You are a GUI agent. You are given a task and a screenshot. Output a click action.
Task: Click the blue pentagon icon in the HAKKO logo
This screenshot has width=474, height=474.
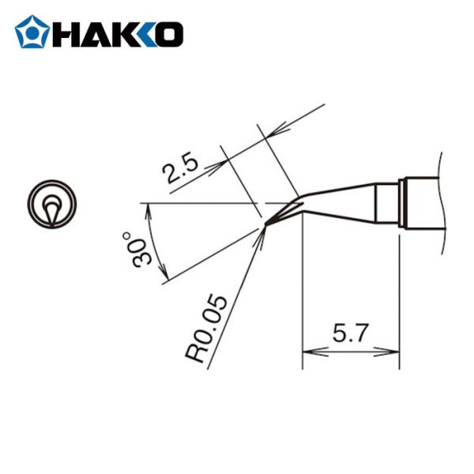(x=32, y=32)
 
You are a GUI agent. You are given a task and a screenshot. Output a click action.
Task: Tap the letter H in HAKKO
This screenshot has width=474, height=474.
(x=66, y=33)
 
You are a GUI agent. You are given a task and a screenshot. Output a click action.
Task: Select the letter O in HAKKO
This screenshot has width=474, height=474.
(x=169, y=33)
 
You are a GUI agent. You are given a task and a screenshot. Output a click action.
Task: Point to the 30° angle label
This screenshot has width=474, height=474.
(x=131, y=250)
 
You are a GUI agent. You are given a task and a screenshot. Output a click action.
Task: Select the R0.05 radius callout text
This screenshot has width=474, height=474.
(x=208, y=329)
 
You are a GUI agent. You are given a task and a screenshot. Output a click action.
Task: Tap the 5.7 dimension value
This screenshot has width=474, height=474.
(x=350, y=334)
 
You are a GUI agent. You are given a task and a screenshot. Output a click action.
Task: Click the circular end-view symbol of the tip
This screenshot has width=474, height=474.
(x=52, y=206)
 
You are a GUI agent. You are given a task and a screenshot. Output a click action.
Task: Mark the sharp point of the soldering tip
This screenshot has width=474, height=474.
(x=265, y=226)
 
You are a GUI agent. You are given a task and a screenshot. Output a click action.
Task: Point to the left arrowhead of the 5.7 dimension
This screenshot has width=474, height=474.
(x=307, y=352)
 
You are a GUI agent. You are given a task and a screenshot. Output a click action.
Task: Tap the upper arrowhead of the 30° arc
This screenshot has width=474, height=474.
(x=148, y=209)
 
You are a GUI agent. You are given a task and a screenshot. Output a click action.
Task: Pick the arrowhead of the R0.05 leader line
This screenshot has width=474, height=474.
(x=260, y=235)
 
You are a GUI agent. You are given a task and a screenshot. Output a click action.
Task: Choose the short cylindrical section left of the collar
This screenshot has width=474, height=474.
(x=386, y=203)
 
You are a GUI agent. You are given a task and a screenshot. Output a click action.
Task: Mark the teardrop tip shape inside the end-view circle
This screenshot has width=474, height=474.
(x=51, y=211)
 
